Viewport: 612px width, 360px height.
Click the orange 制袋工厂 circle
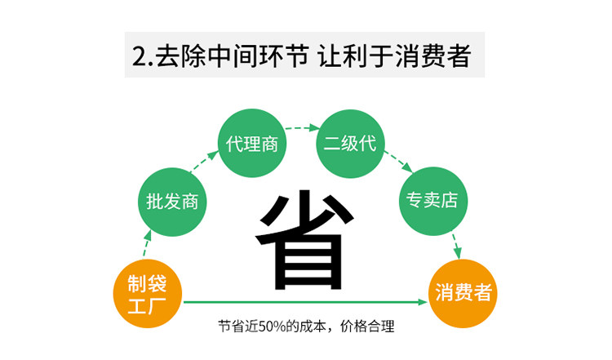[148, 295]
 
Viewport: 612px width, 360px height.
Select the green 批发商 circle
[172, 201]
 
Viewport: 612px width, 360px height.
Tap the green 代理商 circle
[252, 144]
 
